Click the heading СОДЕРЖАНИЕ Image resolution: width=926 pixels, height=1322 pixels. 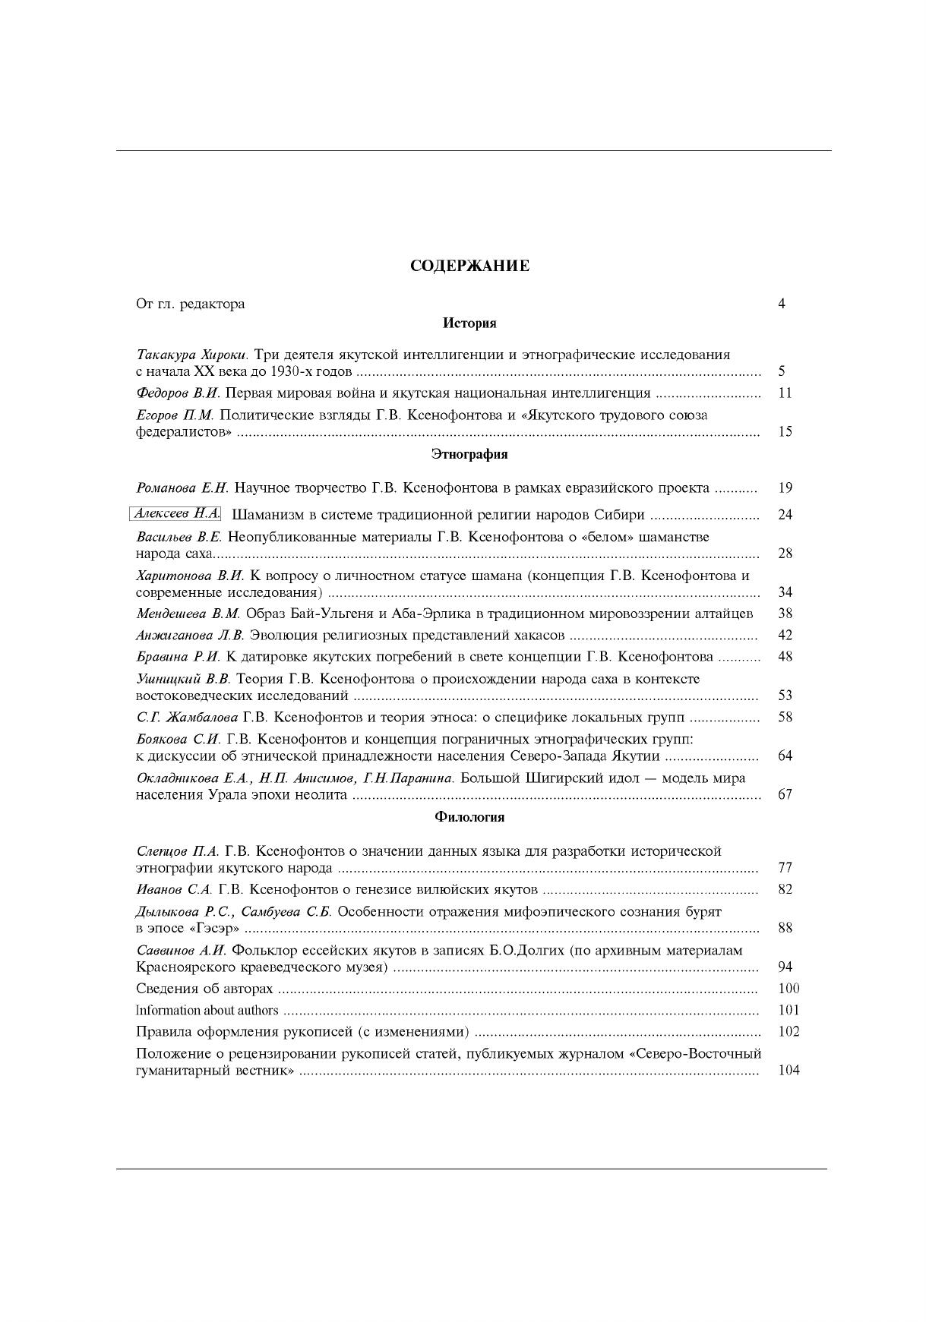[x=469, y=266]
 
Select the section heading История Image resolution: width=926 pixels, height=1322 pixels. [x=469, y=323]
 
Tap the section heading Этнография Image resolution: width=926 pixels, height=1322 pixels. [x=469, y=454]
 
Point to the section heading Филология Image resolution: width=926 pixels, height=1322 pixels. [x=469, y=817]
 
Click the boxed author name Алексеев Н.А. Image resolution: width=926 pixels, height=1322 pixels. [x=175, y=514]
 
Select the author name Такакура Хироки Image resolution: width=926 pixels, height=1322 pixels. [x=193, y=355]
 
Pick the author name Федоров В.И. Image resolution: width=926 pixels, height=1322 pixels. [x=178, y=393]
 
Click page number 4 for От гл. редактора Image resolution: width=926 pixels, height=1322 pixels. [x=782, y=304]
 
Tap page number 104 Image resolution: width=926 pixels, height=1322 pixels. [x=789, y=1071]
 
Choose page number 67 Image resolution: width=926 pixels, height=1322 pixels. [x=785, y=795]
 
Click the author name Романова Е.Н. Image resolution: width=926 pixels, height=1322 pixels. [x=182, y=487]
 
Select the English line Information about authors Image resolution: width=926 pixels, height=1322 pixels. [x=207, y=1011]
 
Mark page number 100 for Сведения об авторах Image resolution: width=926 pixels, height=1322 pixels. [x=789, y=989]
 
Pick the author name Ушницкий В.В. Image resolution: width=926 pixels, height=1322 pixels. [x=183, y=679]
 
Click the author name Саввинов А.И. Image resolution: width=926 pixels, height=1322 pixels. [x=182, y=951]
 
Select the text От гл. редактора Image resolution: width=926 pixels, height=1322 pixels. [x=190, y=304]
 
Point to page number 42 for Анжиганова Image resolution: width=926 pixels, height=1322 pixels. [x=785, y=636]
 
